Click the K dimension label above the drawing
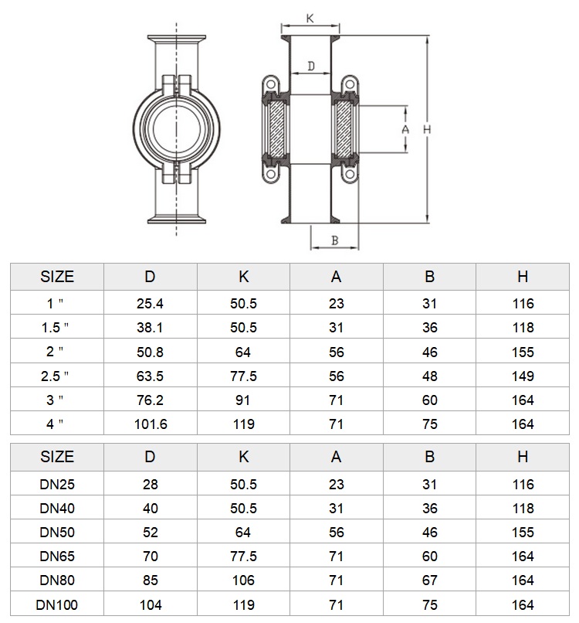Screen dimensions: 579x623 pyautogui.click(x=310, y=18)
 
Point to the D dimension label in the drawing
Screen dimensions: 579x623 pyautogui.click(x=311, y=66)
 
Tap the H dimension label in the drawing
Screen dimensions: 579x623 pyautogui.click(x=427, y=129)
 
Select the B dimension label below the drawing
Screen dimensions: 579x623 pyautogui.click(x=334, y=240)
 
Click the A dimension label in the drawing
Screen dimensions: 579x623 pyautogui.click(x=405, y=129)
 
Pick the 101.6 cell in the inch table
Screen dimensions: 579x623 pyautogui.click(x=151, y=424)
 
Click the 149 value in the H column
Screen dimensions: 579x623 pyautogui.click(x=523, y=376)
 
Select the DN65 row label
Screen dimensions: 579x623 pyautogui.click(x=57, y=557)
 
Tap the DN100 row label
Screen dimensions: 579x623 pyautogui.click(x=57, y=604)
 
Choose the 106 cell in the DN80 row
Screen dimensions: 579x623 pyautogui.click(x=243, y=580)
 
